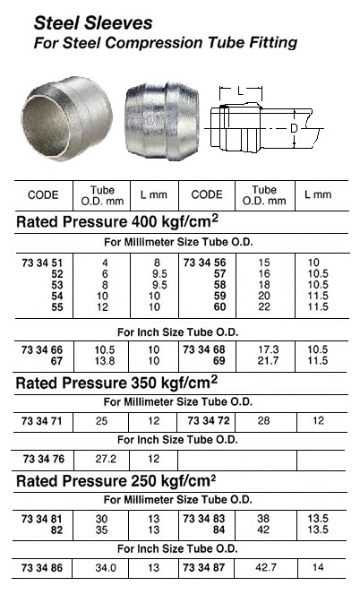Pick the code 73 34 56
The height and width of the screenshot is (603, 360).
click(x=207, y=259)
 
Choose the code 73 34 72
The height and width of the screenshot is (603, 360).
click(x=207, y=419)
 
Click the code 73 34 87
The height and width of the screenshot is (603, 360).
click(x=207, y=568)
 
